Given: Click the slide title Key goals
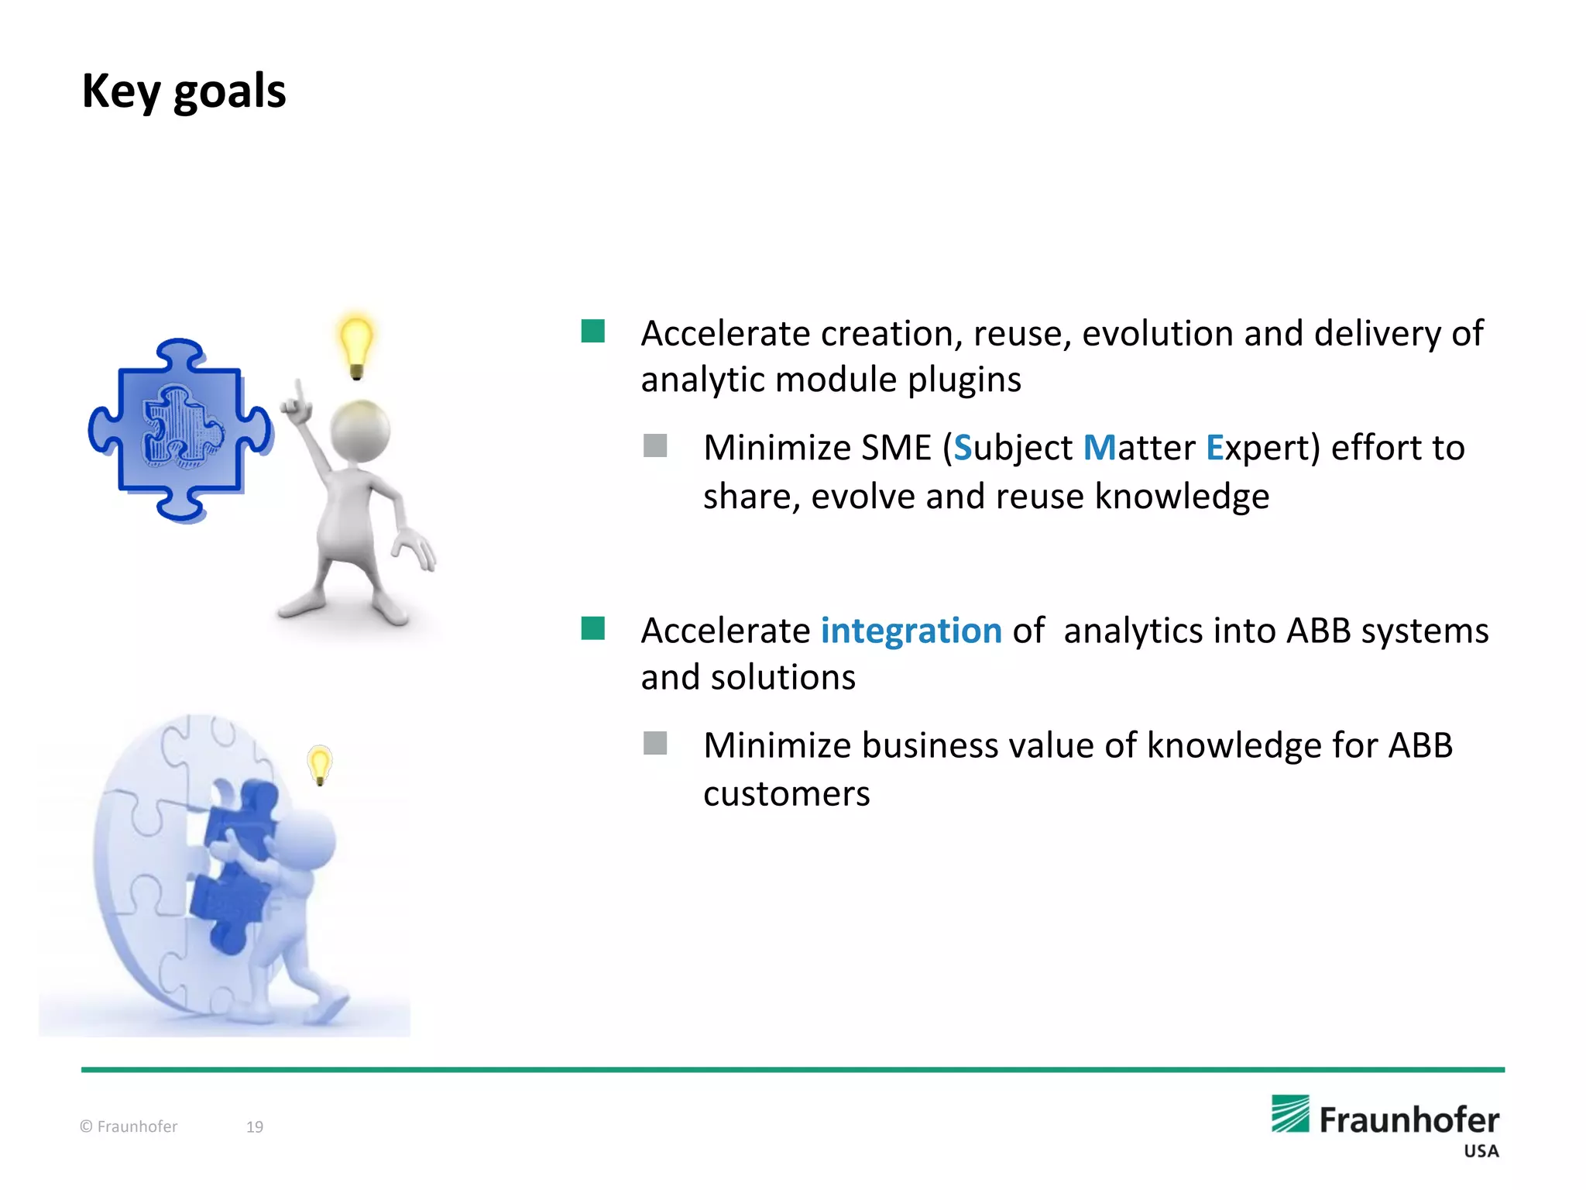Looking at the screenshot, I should pyautogui.click(x=184, y=91).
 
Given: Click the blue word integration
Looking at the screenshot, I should pyautogui.click(x=911, y=631).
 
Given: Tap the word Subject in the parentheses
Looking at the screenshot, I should pyautogui.click(x=1012, y=448).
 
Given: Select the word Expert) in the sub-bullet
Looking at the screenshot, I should pyautogui.click(x=1262, y=448).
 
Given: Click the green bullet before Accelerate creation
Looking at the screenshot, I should pyautogui.click(x=592, y=332).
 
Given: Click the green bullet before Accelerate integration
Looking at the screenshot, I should pyautogui.click(x=592, y=628).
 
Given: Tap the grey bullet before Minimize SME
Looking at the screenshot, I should pyautogui.click(x=655, y=445).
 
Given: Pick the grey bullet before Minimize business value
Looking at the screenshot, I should pyautogui.click(x=655, y=743).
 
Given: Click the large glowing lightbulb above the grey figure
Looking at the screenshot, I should pyautogui.click(x=356, y=345).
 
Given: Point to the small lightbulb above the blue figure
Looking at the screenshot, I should pyautogui.click(x=319, y=764).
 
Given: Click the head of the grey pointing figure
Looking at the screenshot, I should pyautogui.click(x=360, y=431).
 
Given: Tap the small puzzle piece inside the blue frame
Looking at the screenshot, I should pyautogui.click(x=183, y=427).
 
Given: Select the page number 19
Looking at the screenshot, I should pyautogui.click(x=255, y=1126).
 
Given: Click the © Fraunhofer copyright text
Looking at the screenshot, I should pyautogui.click(x=129, y=1126).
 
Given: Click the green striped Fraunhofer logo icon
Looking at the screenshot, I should pyautogui.click(x=1290, y=1114).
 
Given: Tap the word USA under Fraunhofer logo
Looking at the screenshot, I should pyautogui.click(x=1481, y=1151).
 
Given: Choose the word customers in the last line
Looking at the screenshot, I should pyautogui.click(x=786, y=794).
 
